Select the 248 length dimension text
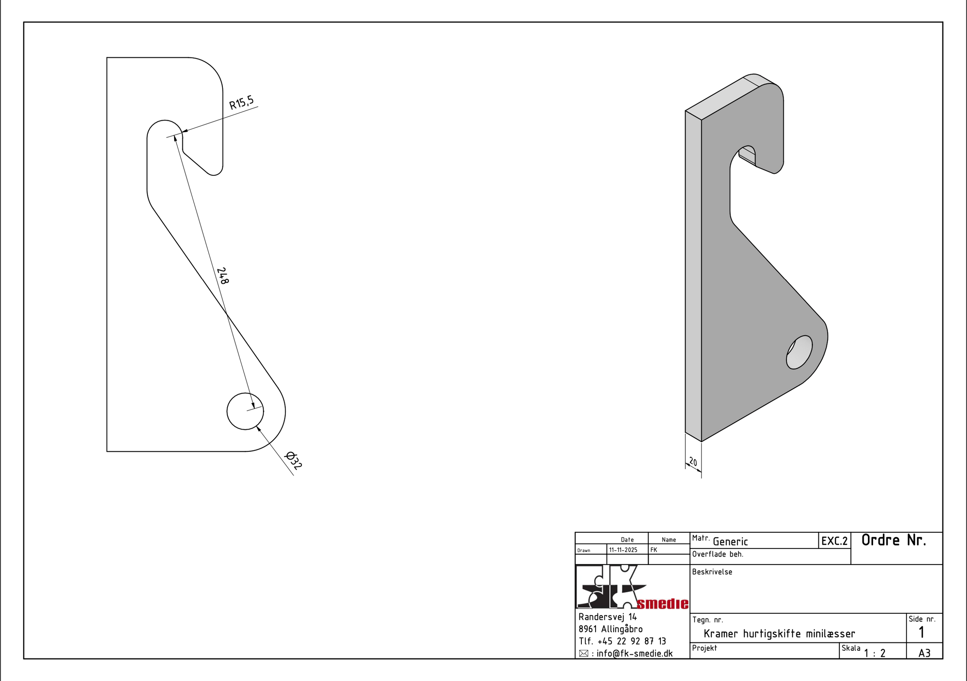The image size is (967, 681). click(x=223, y=276)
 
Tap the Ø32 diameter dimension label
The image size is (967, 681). click(x=294, y=461)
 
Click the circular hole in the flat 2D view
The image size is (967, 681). click(x=245, y=411)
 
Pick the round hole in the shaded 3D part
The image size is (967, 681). click(x=799, y=352)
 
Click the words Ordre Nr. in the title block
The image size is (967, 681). click(x=894, y=540)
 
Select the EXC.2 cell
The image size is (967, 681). click(x=834, y=541)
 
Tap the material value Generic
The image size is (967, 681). click(x=730, y=542)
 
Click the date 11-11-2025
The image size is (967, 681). click(x=623, y=550)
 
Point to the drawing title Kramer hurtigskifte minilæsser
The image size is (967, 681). click(x=779, y=634)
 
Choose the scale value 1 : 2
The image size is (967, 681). click(x=875, y=653)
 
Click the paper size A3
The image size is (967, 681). click(x=924, y=653)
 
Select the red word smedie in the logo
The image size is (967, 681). click(x=662, y=604)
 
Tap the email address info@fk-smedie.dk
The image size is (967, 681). click(x=634, y=654)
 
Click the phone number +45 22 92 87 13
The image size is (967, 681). click(x=632, y=642)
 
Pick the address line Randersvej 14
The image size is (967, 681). click(x=607, y=617)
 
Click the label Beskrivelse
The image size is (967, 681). click(x=712, y=572)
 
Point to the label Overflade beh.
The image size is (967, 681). click(x=718, y=554)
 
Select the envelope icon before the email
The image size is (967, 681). click(x=583, y=654)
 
